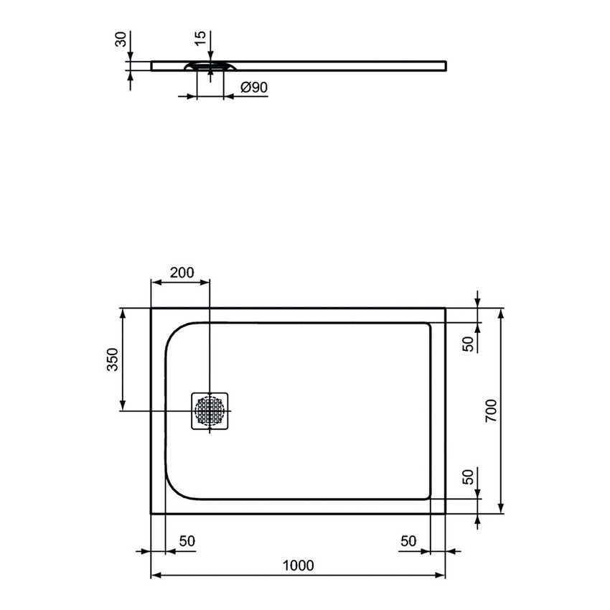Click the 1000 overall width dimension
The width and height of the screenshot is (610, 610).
coord(298,565)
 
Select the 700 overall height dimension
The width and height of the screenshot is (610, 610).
coord(491,410)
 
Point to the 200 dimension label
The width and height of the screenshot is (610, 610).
coord(182,273)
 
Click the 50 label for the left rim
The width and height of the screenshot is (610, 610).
coord(185,540)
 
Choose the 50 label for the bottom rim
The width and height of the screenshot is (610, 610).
coord(468,477)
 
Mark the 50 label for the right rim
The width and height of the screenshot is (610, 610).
coord(408,540)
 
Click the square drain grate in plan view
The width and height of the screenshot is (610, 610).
coord(209,411)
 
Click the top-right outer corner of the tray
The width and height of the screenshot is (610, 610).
coord(445,309)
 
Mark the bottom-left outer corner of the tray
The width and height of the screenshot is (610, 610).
coord(151,514)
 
